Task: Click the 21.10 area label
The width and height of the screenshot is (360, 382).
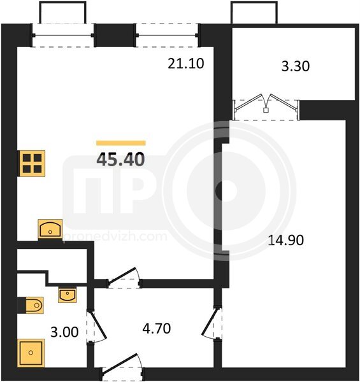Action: click(x=185, y=64)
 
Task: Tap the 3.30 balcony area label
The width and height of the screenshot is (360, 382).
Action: click(x=296, y=66)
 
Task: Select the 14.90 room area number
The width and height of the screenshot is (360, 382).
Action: click(x=285, y=240)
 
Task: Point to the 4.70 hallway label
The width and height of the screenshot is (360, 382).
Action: click(x=157, y=329)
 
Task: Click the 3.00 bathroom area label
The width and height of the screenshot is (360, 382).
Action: click(x=64, y=332)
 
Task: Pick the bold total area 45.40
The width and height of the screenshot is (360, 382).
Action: click(x=120, y=160)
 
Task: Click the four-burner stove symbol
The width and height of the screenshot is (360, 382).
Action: click(x=32, y=164)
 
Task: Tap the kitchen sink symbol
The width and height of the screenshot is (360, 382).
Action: click(x=50, y=229)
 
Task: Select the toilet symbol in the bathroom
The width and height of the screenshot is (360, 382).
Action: click(x=34, y=305)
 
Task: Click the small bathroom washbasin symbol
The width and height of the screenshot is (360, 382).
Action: click(x=67, y=295)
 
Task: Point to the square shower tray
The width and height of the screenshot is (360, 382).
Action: click(x=31, y=353)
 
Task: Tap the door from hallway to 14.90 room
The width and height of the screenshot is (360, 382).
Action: click(x=212, y=323)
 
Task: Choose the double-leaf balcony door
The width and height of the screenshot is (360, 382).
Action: click(x=266, y=107)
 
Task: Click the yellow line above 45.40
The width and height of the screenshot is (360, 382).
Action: click(x=121, y=143)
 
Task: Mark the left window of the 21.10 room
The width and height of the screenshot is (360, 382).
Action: click(x=63, y=35)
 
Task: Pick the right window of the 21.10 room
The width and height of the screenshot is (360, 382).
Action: click(x=167, y=35)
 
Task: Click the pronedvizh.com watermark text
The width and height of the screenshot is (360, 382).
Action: click(x=115, y=237)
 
